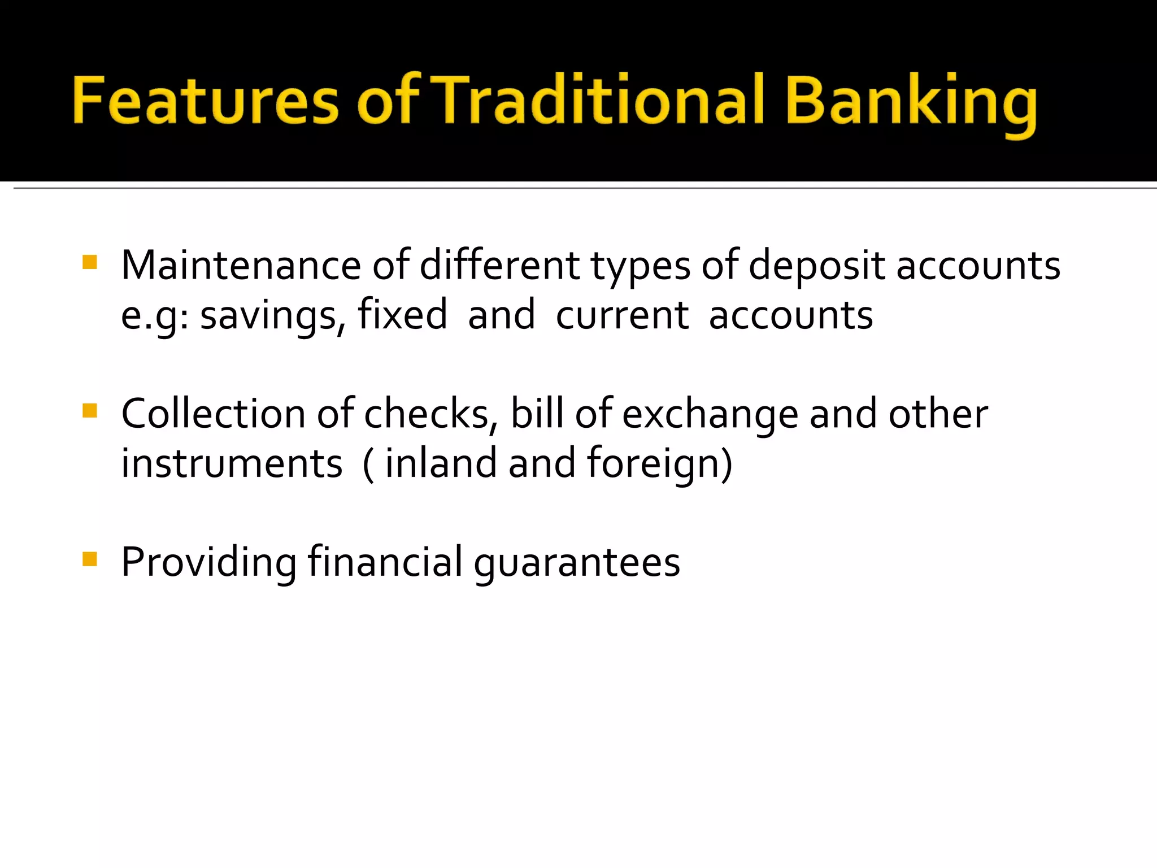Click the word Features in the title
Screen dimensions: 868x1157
205,102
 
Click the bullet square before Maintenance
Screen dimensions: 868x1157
90,262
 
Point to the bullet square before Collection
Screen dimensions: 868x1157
90,410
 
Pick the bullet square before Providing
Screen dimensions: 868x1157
90,559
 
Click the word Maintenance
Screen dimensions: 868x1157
241,265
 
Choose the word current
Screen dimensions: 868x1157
622,315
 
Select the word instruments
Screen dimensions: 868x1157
232,463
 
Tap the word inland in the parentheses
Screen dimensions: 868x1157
440,463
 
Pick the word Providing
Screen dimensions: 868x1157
208,563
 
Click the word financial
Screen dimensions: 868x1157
385,562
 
